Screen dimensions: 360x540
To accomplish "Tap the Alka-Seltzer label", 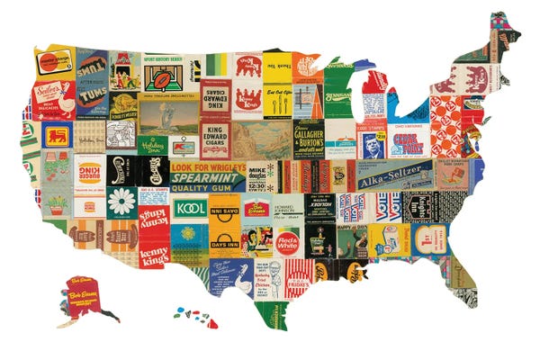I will coord(395,178).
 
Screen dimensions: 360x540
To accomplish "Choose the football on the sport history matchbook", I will coord(163,75).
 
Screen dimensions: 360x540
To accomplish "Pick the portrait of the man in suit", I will coord(372,145).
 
